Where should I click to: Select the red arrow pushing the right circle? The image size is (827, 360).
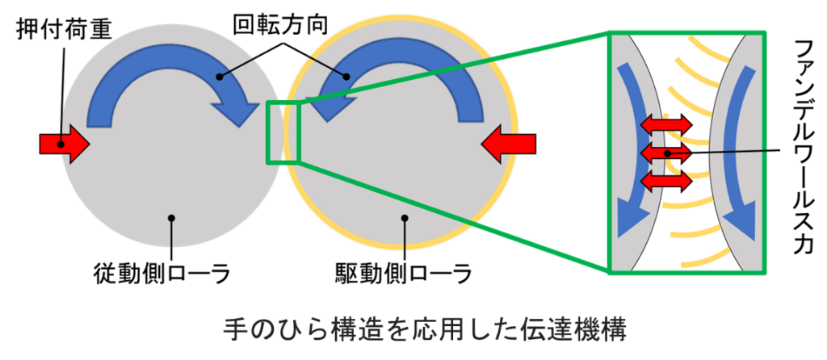(508, 144)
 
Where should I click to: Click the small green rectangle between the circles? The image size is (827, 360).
(283, 133)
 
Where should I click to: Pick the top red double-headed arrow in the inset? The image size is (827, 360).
(666, 124)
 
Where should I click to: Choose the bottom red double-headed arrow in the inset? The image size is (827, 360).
(666, 179)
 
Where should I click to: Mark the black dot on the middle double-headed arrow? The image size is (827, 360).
(666, 153)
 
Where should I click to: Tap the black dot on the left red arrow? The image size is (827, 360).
(60, 144)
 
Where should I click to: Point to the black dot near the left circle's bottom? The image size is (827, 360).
(171, 217)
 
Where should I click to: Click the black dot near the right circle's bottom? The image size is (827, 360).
(404, 217)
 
